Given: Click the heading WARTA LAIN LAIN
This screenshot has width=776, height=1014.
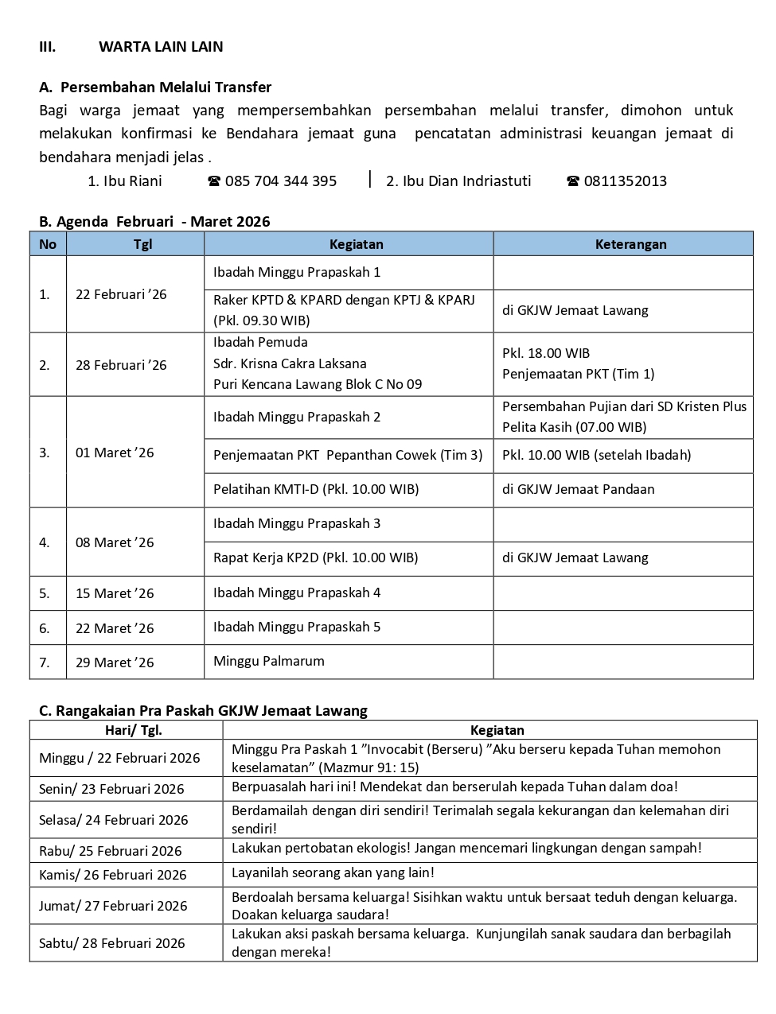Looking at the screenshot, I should click(x=161, y=47).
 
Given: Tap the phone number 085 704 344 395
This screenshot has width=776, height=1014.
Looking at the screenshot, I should click(x=280, y=181).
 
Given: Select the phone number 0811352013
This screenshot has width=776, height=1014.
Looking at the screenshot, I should click(x=625, y=181).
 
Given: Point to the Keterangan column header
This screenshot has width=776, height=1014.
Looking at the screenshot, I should click(x=630, y=244).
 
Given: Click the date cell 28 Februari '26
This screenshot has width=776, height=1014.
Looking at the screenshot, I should click(x=121, y=365).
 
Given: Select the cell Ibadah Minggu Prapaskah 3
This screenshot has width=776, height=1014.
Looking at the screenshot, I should click(x=296, y=523).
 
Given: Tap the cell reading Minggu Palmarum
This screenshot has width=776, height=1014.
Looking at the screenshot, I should click(x=268, y=661).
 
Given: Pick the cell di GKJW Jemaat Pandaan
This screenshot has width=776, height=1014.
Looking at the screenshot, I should click(x=578, y=489).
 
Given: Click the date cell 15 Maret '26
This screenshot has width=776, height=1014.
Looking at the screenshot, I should click(x=115, y=593).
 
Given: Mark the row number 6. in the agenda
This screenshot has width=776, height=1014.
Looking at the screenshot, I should click(x=45, y=628).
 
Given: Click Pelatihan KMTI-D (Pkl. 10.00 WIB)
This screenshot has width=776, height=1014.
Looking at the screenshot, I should click(x=315, y=489).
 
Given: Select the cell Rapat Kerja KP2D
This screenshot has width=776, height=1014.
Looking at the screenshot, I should click(x=315, y=558).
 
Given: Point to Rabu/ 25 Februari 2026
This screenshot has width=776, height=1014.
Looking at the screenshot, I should click(x=110, y=851).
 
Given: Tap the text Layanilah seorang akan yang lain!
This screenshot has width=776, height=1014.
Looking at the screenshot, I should click(x=333, y=872).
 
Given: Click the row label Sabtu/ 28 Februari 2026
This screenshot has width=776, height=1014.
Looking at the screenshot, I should click(x=111, y=943).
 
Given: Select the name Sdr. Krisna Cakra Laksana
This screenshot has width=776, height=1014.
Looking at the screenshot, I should click(x=290, y=363).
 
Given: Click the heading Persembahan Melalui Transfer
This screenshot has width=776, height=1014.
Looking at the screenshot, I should click(x=166, y=87).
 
